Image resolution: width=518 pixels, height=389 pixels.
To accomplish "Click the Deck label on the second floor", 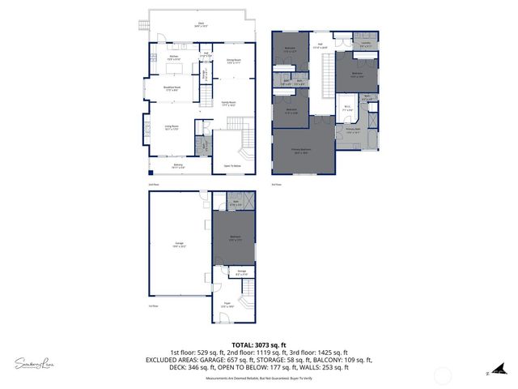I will point(201,24).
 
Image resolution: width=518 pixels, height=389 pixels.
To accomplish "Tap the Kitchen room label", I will point(173,57).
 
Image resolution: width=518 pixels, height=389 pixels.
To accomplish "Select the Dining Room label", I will point(234,61).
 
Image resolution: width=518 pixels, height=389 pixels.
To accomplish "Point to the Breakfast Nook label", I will point(172,89).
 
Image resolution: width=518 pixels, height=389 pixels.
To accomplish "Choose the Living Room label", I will point(172,127).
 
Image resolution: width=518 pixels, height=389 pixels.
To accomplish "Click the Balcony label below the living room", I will point(178,165).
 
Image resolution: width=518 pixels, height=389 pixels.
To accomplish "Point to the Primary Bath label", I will point(353,130).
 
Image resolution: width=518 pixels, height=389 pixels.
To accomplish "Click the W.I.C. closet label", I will point(347,107).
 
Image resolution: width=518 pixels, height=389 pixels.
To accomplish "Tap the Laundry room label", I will point(365,45).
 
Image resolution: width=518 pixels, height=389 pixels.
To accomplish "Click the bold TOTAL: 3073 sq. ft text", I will point(259,344).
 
